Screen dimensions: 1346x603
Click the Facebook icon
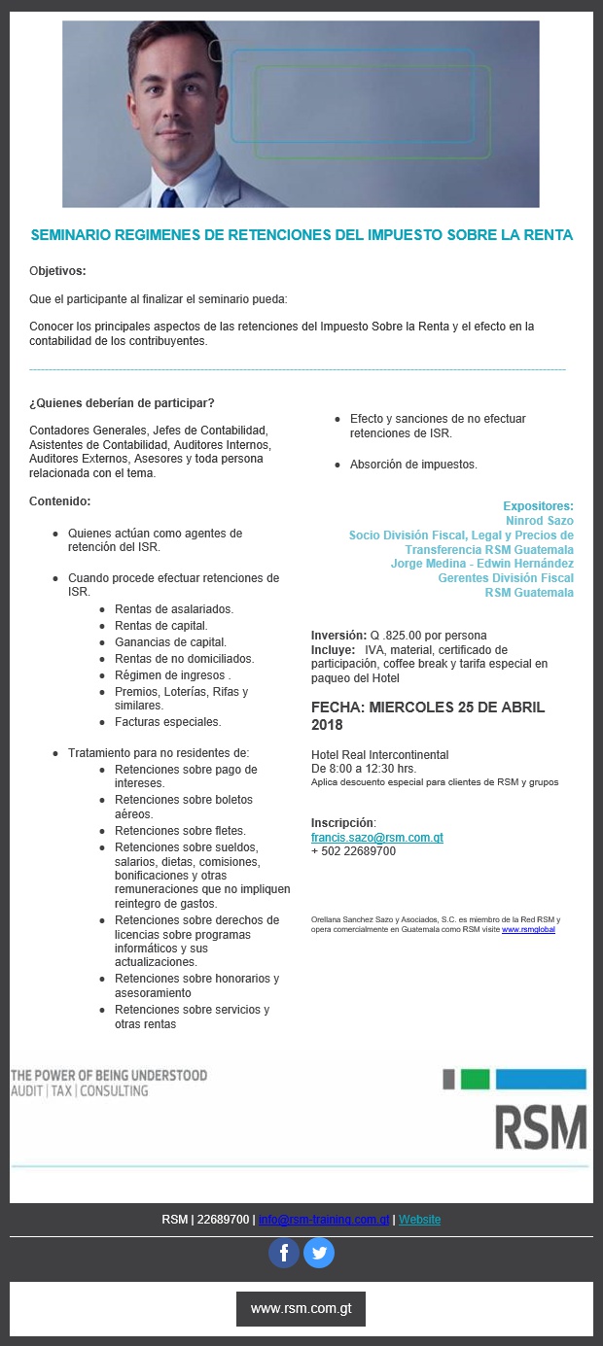point(284,1253)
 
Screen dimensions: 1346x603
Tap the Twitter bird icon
point(319,1253)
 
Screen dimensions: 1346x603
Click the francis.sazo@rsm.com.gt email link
point(376,837)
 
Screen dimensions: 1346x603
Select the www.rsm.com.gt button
point(301,1308)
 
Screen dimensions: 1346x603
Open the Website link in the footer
point(419,1220)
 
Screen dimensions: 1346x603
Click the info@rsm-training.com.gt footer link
point(324,1220)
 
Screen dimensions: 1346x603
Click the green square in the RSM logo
point(475,1079)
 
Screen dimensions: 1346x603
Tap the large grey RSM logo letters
point(541,1126)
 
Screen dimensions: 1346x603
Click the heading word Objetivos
point(57,270)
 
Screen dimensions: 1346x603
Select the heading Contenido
point(59,501)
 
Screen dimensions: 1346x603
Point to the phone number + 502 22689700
point(353,851)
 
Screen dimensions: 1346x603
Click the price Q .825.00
point(401,636)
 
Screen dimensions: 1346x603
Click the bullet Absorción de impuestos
point(413,465)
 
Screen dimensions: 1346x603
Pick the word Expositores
point(538,506)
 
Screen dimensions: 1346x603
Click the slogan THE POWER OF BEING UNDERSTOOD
point(109,1076)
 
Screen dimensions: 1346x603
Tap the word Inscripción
point(342,823)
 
